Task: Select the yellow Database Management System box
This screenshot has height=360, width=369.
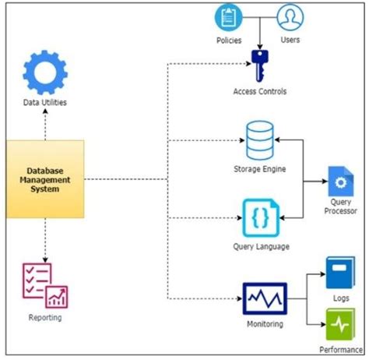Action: click(46, 179)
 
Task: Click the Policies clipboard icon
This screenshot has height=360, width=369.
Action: click(228, 16)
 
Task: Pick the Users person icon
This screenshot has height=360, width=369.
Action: click(290, 16)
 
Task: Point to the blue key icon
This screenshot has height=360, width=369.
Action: click(259, 65)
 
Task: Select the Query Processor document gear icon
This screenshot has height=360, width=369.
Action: click(339, 182)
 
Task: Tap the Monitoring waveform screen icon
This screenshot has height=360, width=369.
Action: click(264, 298)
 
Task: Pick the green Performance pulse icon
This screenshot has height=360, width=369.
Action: click(339, 324)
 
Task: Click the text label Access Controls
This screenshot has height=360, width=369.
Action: click(259, 91)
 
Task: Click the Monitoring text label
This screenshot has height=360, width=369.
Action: click(264, 323)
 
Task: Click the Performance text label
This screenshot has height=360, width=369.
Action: click(340, 350)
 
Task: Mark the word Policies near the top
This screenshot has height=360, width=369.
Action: click(228, 40)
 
